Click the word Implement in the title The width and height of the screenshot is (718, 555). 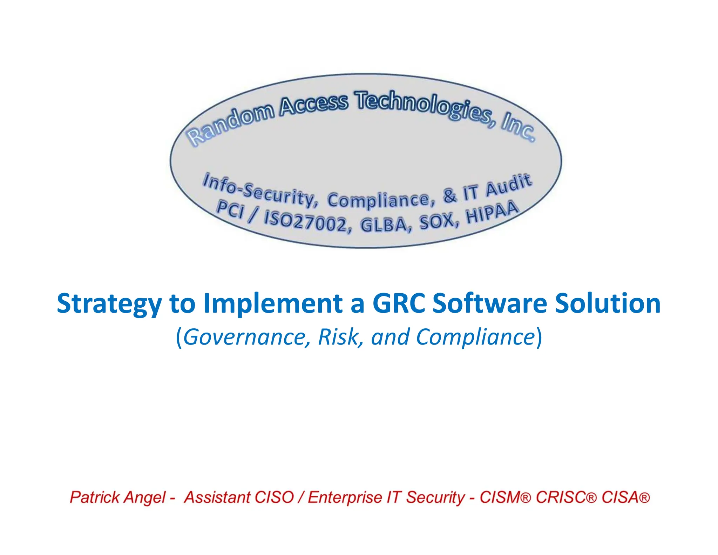273,303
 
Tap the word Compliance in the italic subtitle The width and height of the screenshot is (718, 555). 475,337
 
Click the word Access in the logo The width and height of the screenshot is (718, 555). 314,103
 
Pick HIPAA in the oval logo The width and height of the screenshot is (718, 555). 492,213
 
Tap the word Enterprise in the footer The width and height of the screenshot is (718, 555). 345,497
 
